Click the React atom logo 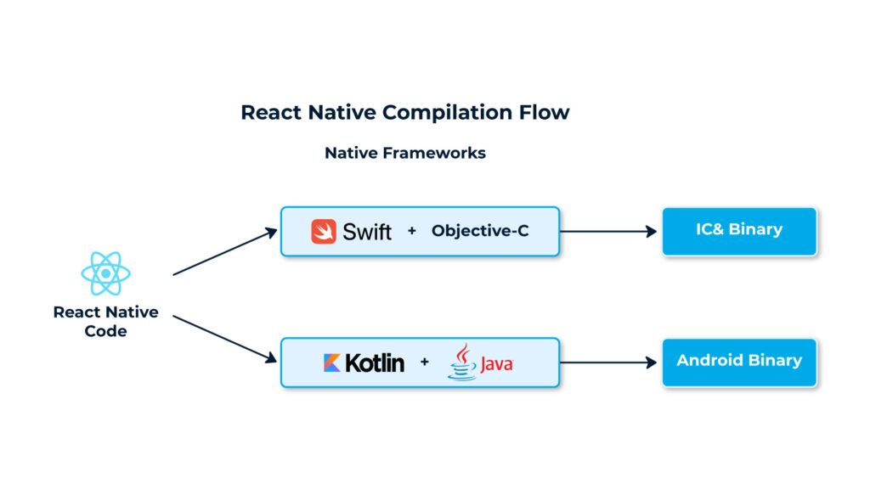click(105, 273)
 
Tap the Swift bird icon click(324, 231)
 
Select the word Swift click(367, 231)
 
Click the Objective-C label click(480, 231)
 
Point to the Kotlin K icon click(332, 363)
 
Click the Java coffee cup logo click(463, 363)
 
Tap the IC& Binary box click(739, 230)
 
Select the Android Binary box click(739, 362)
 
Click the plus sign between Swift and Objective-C click(412, 231)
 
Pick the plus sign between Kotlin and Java click(424, 363)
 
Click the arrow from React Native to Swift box click(225, 252)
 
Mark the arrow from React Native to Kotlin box click(225, 339)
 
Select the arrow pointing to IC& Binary click(608, 231)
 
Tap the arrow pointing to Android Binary click(608, 363)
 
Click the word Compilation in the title click(446, 112)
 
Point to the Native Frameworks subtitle click(405, 153)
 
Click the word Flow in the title click(544, 112)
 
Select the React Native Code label click(105, 321)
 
